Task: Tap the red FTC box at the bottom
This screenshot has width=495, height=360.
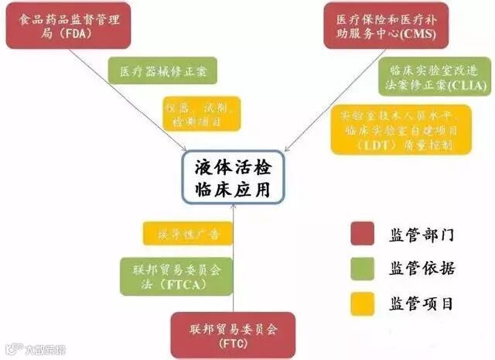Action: pos(234,334)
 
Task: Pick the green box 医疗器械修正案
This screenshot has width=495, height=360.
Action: pos(162,71)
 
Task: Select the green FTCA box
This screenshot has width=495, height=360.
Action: pos(175,276)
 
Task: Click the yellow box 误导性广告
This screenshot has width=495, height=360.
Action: pos(186,233)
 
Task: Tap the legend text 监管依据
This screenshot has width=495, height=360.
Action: pos(422,268)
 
